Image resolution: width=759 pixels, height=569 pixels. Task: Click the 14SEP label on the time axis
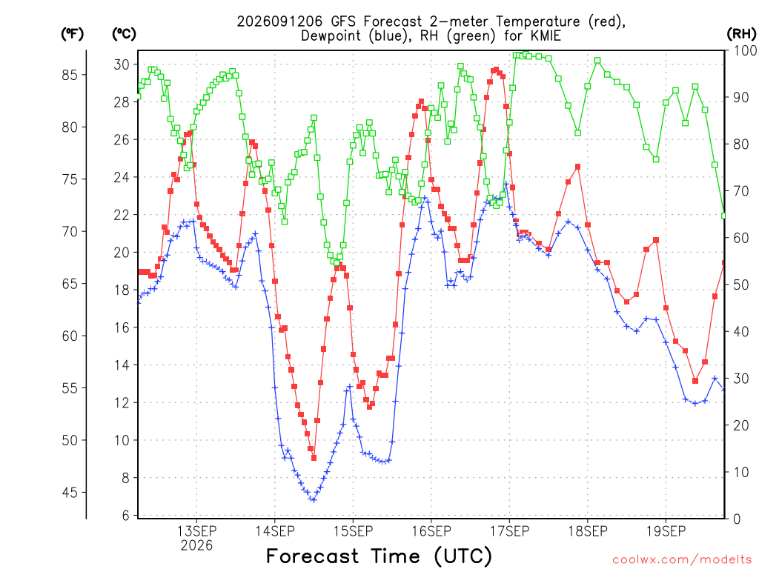(x=275, y=531)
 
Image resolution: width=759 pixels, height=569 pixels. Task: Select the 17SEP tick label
(x=510, y=531)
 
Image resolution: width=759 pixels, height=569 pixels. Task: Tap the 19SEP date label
(x=666, y=531)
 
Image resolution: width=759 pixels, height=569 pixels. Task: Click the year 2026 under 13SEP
(x=196, y=546)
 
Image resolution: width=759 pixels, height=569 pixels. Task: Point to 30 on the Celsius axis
(x=122, y=64)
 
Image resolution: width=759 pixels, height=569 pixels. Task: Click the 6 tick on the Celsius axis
(x=126, y=516)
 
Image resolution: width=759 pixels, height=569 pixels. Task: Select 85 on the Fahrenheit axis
(x=70, y=75)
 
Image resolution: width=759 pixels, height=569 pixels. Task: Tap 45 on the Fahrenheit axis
(x=70, y=493)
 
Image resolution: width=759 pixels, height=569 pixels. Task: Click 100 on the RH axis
(x=746, y=50)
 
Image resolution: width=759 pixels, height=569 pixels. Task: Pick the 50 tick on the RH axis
(x=741, y=285)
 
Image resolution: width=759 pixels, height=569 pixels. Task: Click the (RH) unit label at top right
(x=741, y=34)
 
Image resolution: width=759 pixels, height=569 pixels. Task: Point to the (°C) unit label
(x=124, y=34)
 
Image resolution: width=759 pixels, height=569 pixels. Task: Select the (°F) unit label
(x=72, y=34)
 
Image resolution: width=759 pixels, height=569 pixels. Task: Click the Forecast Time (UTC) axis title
(x=379, y=556)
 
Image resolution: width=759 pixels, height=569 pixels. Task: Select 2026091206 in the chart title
(x=279, y=21)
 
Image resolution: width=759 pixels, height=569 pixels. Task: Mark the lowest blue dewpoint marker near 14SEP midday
(x=314, y=500)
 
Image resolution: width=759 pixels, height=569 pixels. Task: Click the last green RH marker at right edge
(x=724, y=216)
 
